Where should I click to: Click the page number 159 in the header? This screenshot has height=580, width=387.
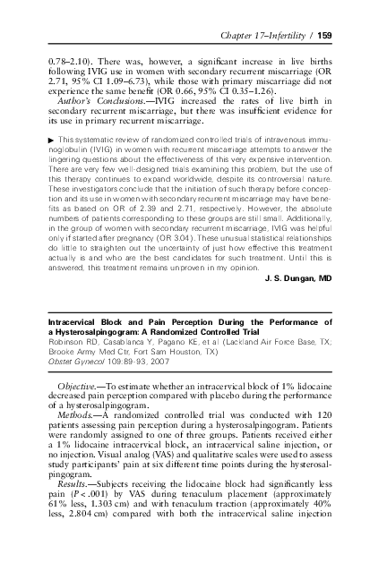(325, 35)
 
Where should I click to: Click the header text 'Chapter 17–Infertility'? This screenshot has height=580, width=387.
(262, 35)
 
